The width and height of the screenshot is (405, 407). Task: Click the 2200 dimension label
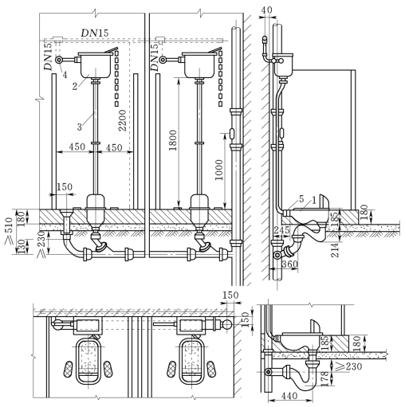122,120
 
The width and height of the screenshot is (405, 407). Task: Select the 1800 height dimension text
173,140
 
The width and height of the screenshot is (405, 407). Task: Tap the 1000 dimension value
219,170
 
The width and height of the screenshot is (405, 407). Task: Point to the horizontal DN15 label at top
95,33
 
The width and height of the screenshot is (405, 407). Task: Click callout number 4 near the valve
65,75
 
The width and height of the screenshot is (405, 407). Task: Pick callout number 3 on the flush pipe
80,127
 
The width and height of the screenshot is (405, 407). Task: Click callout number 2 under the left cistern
75,86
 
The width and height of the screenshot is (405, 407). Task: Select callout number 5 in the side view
301,199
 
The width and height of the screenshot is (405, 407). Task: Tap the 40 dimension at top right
266,10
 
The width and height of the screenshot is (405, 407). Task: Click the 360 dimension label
289,264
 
